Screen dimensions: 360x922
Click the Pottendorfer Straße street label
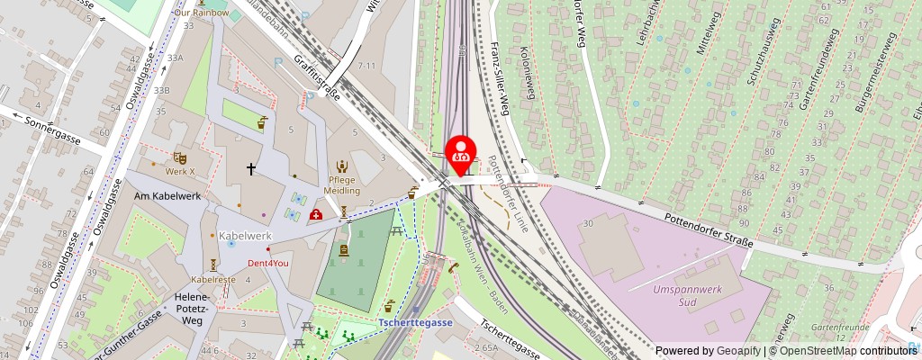[709, 229]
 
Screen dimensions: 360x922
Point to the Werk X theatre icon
[178, 157]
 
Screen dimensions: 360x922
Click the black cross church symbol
[251, 168]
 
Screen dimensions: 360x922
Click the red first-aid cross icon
[317, 214]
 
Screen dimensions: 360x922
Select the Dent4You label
[268, 263]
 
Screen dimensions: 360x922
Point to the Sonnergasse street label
[52, 130]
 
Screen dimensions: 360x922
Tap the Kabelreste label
[212, 280]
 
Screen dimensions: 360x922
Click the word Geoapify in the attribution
[738, 351]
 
